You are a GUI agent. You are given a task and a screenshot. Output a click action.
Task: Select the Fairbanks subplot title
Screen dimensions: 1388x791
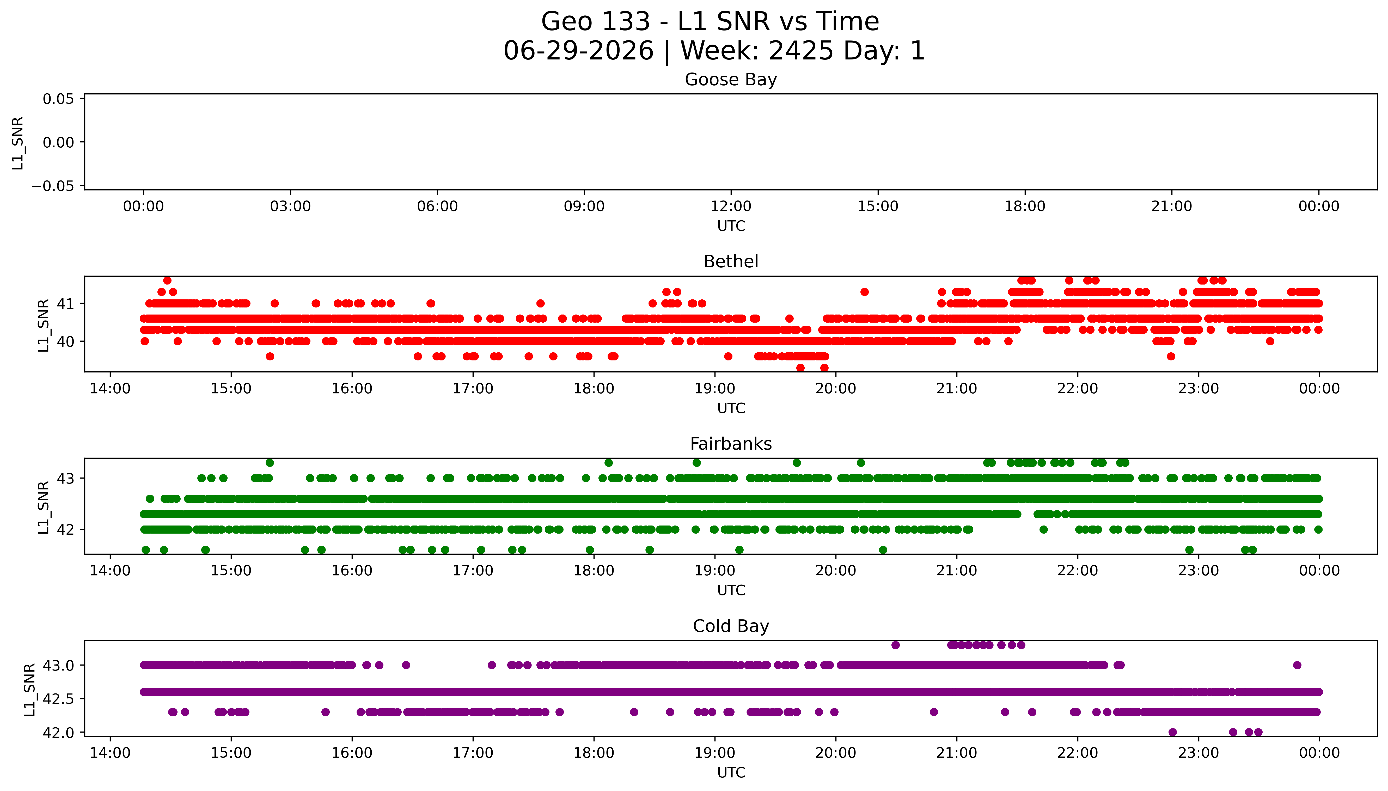[731, 444]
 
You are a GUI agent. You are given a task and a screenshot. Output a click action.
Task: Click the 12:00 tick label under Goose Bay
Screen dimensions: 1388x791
[731, 207]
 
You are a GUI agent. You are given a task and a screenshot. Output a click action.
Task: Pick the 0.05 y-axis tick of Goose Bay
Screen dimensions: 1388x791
[59, 99]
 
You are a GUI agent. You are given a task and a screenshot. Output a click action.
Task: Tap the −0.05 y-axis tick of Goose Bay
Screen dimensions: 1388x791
[53, 186]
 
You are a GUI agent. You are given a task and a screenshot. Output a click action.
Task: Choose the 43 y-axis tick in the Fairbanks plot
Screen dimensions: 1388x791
[66, 479]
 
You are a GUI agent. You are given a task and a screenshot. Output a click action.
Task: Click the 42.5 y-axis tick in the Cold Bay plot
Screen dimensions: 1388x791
[59, 699]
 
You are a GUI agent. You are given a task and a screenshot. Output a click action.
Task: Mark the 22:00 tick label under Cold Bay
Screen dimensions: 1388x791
[1078, 753]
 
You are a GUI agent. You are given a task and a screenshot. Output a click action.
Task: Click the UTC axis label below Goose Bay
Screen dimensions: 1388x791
[731, 226]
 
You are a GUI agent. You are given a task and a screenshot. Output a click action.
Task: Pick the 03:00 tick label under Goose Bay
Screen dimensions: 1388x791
[290, 207]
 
